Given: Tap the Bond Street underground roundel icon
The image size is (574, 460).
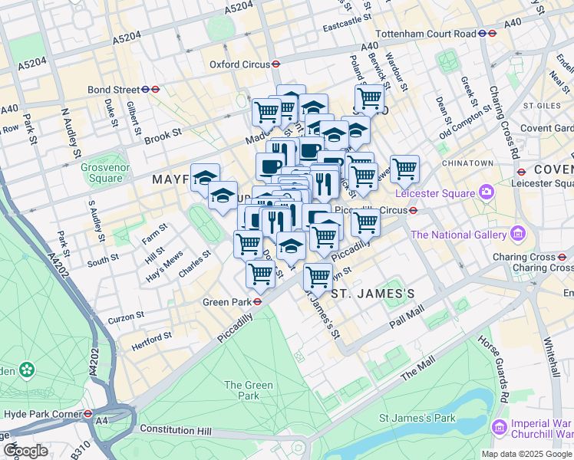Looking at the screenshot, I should pyautogui.click(x=155, y=89).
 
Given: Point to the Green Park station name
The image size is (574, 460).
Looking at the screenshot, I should pyautogui.click(x=226, y=302).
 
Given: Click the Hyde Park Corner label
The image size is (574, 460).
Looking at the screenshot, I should pyautogui.click(x=43, y=414).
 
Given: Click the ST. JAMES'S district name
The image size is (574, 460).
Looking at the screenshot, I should pyautogui.click(x=373, y=294).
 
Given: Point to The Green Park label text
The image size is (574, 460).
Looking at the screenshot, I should pyautogui.click(x=248, y=390).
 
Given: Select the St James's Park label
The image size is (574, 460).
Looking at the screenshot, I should pyautogui.click(x=417, y=418).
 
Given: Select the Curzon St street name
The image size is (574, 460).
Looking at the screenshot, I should pyautogui.click(x=126, y=316).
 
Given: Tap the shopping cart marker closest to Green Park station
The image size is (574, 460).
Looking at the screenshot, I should pyautogui.click(x=261, y=272).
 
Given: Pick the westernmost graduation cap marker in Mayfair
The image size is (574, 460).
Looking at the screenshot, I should pyautogui.click(x=206, y=178).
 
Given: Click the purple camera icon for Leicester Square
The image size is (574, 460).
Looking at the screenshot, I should pyautogui.click(x=486, y=191).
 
